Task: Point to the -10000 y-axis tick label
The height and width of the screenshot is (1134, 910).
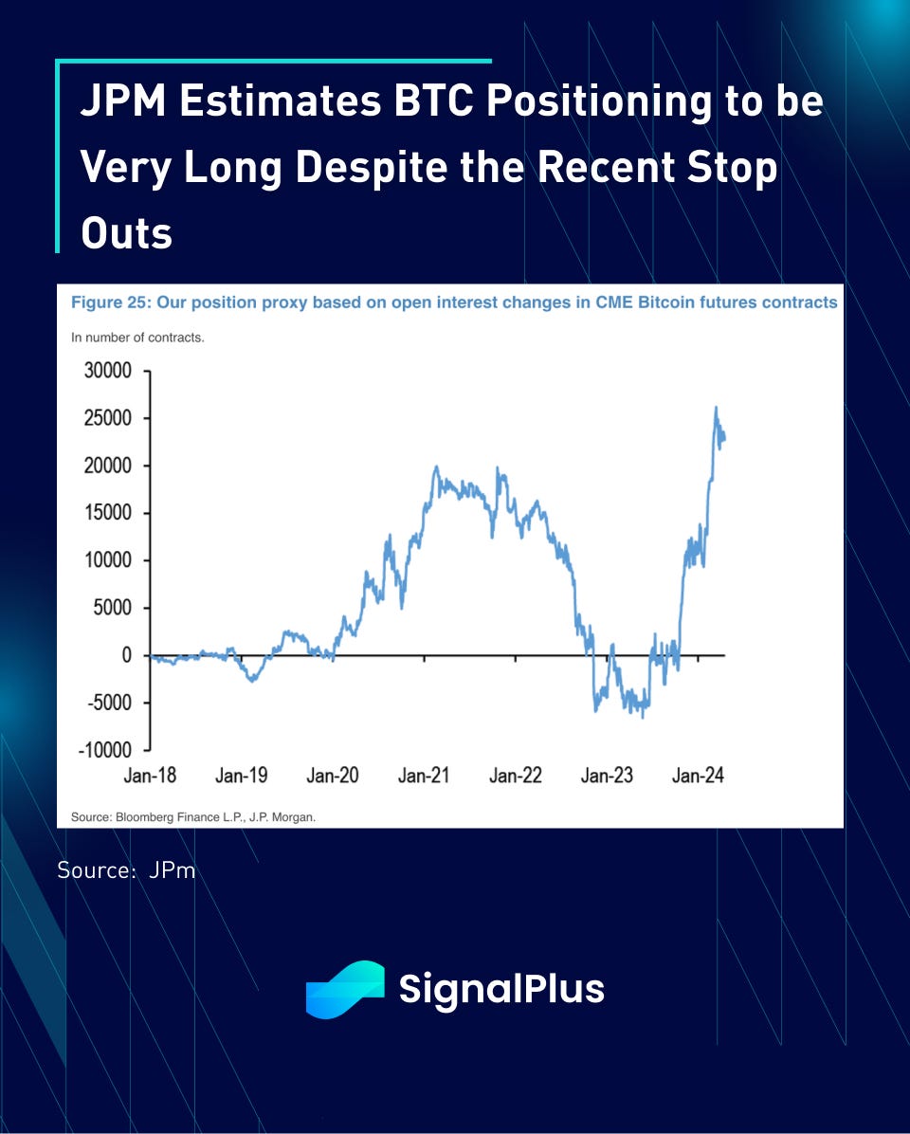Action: (105, 750)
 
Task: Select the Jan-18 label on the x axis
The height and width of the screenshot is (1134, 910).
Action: (150, 776)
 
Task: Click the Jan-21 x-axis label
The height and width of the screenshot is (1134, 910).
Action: (424, 776)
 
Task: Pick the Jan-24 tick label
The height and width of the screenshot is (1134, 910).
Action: (698, 776)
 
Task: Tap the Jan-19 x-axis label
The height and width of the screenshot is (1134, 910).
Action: (241, 776)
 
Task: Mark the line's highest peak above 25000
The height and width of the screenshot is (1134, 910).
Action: (716, 408)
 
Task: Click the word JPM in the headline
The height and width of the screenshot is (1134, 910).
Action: (123, 101)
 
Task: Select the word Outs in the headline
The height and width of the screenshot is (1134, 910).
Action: (126, 232)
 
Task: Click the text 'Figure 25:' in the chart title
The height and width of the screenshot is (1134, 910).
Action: (111, 303)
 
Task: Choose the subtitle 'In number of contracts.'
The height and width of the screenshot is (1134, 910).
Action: (137, 337)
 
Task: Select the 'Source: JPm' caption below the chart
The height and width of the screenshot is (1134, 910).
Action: (125, 869)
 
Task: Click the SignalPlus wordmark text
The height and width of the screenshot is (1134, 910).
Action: (501, 989)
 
